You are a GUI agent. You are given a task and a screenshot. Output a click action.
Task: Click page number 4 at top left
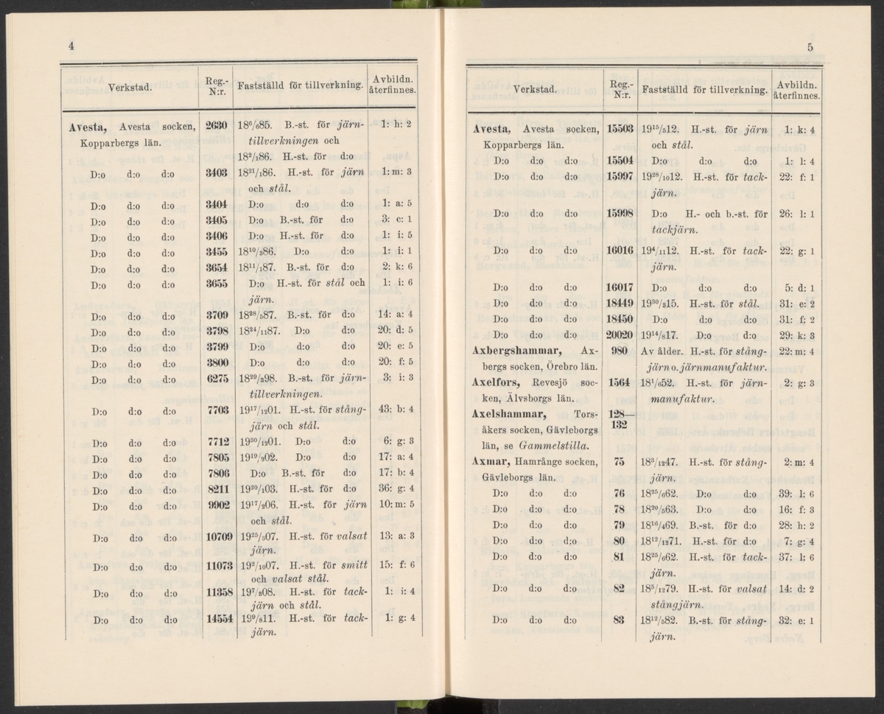tap(71, 46)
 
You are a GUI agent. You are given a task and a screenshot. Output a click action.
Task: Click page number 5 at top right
tap(809, 48)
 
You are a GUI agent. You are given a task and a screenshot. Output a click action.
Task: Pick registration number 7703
tap(216, 410)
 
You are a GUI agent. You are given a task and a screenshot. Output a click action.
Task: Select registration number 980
tap(619, 350)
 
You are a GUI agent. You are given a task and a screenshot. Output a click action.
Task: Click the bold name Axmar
tap(491, 463)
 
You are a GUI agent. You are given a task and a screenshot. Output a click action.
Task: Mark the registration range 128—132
tap(619, 420)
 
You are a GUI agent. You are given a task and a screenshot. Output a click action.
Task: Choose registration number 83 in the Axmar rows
tap(619, 620)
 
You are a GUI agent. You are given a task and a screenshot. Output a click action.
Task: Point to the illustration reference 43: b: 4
tap(399, 410)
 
